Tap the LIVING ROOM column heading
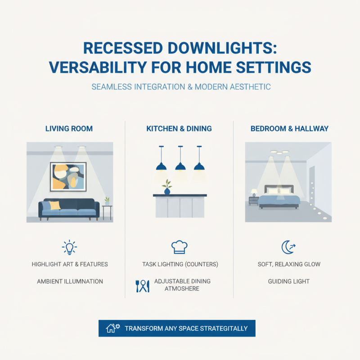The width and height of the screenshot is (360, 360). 69,129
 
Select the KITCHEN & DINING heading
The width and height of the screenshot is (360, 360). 179,129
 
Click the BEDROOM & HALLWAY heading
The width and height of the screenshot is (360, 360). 289,129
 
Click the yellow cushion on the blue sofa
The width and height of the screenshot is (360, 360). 54,205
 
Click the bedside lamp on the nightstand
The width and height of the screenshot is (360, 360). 254,192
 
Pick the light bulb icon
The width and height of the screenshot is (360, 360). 69,247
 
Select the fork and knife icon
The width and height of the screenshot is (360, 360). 142,286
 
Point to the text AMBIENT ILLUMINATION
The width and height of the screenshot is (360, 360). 70,281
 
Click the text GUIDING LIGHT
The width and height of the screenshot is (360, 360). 288,281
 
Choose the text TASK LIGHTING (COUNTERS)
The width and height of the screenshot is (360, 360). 178,264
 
